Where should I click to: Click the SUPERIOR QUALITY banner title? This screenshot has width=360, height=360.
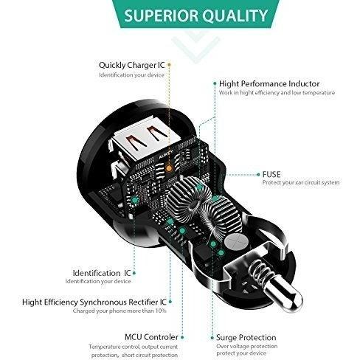click(x=195, y=15)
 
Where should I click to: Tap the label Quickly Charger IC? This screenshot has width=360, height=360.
click(x=131, y=65)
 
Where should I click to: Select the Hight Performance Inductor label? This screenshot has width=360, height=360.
click(x=269, y=84)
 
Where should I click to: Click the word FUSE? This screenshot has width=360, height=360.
click(x=271, y=174)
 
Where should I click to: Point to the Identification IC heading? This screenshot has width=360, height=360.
click(x=102, y=273)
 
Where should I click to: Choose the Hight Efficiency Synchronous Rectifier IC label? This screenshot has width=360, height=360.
click(x=94, y=302)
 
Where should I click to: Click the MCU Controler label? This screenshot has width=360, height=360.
click(x=151, y=337)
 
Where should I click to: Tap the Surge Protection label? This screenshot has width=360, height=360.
click(x=246, y=338)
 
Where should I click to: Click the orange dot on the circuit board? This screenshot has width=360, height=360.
click(x=169, y=168)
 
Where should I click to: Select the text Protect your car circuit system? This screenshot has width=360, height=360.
click(x=301, y=183)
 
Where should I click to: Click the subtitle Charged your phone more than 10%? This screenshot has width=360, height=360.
click(x=120, y=311)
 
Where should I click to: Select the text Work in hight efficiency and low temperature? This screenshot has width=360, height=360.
click(x=277, y=93)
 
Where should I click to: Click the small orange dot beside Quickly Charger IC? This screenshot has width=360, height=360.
click(x=169, y=65)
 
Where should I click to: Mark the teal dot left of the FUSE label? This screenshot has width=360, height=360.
click(x=258, y=174)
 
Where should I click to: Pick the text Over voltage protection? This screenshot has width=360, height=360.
click(x=247, y=346)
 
